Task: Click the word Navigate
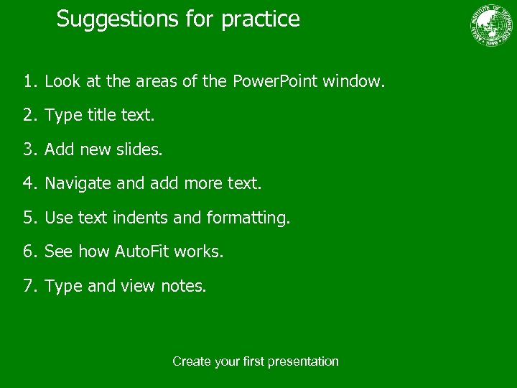[78, 184]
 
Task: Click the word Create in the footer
[190, 361]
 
